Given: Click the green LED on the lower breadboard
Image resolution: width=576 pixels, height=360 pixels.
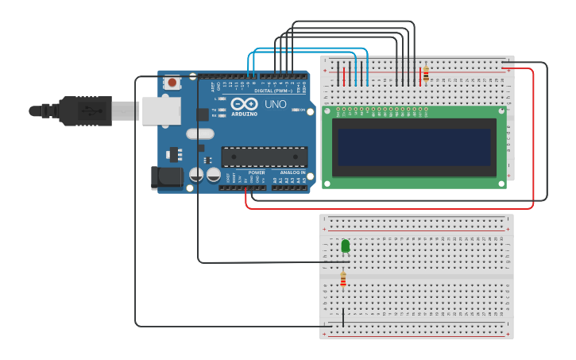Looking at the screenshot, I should click(345, 246).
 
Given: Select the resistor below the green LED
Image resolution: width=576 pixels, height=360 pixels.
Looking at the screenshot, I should click(343, 279).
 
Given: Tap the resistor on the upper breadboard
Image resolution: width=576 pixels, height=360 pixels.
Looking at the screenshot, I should click(426, 74).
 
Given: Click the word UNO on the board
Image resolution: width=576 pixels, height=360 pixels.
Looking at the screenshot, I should click(275, 104).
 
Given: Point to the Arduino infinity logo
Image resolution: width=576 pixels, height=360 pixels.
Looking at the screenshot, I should click(244, 104).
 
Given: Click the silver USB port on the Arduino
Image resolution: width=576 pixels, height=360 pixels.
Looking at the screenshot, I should click(160, 110).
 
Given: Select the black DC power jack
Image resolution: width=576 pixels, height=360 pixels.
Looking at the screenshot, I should click(167, 177).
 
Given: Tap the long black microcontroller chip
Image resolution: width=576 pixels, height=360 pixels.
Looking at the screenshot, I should click(264, 157).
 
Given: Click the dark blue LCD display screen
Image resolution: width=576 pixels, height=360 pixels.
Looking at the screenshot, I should click(414, 147).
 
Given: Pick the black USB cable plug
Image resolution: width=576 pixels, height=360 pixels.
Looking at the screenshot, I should click(83, 111).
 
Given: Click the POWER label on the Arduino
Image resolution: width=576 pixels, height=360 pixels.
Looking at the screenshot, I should click(257, 172).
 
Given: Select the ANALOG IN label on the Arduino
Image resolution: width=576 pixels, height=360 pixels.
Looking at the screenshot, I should click(292, 172).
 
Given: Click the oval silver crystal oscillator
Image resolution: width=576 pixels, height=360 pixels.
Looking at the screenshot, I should click(200, 134).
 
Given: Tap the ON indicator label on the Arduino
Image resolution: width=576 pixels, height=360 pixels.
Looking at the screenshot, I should click(302, 110).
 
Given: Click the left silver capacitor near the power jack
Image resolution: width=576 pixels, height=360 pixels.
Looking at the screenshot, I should click(196, 174).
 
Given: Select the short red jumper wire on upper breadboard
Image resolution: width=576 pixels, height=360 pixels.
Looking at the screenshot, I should click(344, 75).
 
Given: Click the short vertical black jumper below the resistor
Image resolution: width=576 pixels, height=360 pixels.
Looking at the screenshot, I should click(343, 317).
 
